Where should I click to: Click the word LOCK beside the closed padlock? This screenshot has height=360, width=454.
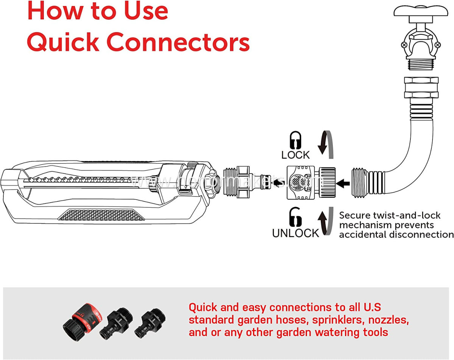coord(295,154)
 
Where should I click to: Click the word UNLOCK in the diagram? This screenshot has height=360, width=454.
coord(295,233)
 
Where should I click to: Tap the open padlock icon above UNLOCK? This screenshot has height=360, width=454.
coord(295,218)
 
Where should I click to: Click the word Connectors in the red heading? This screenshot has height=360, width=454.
coord(178,42)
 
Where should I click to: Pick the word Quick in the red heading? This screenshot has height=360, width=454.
coord(63,42)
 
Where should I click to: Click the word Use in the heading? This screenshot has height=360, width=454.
coord(145,11)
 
